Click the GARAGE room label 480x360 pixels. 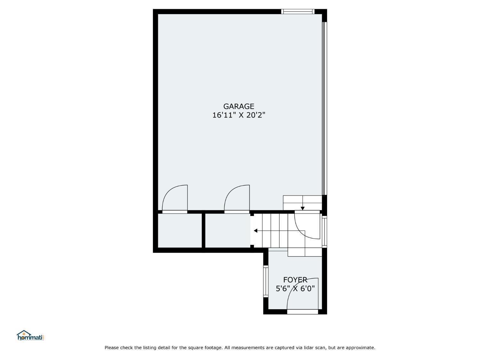coord(239,106)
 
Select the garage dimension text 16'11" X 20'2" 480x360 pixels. coord(239,115)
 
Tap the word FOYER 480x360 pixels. coord(295,280)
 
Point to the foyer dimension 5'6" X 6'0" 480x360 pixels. coord(295,289)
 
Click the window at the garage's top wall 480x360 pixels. coord(298,12)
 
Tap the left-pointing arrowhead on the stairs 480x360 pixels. coord(255,231)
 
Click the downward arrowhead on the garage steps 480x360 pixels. coord(303,209)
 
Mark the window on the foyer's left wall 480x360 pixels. coord(266,281)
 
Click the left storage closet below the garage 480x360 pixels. coord(180,230)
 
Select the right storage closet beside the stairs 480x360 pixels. coord(228,230)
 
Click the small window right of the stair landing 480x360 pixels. coord(325,232)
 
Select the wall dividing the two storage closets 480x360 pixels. coord(204,230)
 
